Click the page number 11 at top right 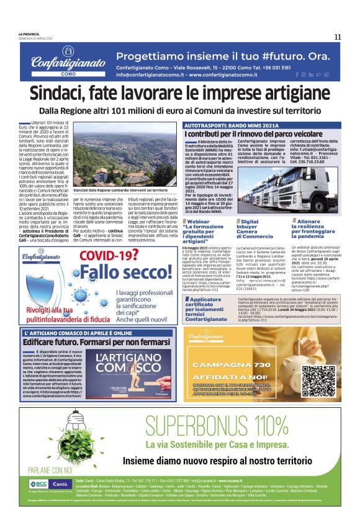[x=337, y=37]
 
